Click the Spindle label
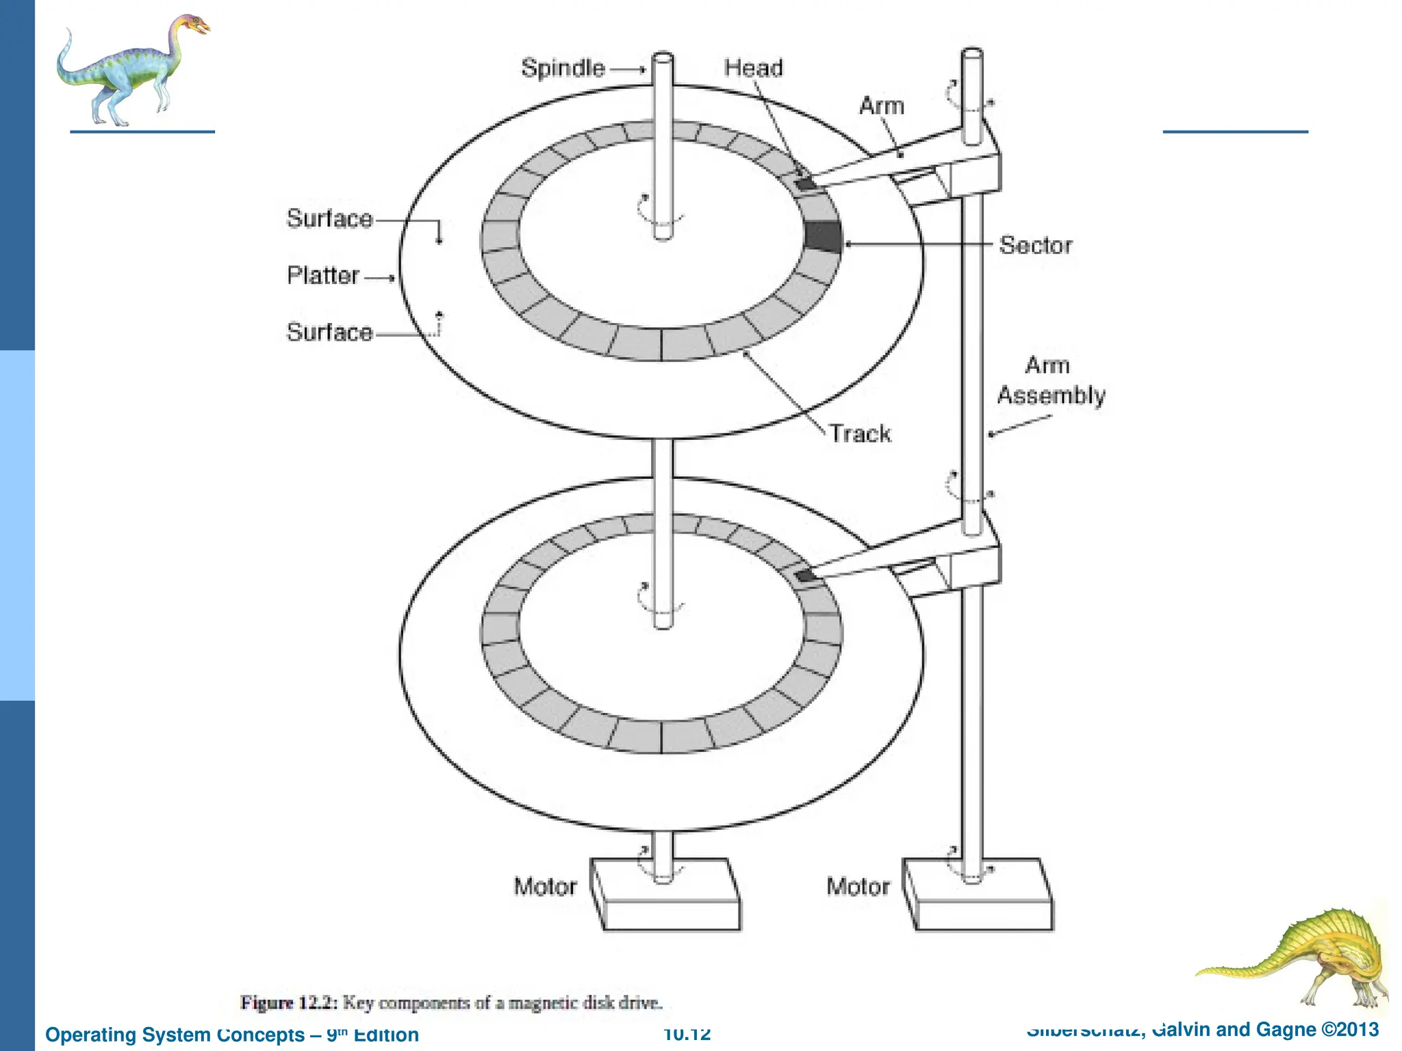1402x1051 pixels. (x=563, y=68)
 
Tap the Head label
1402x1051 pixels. (x=753, y=68)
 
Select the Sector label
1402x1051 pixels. (x=1035, y=245)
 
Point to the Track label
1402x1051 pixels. (x=861, y=433)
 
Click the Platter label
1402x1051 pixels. (x=323, y=275)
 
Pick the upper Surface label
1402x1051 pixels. (x=329, y=218)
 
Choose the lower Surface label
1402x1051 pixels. (x=329, y=332)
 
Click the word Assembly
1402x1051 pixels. (x=1051, y=395)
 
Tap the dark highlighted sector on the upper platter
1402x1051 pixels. (x=823, y=237)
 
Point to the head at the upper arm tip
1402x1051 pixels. (x=805, y=183)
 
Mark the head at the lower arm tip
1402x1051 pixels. (x=806, y=575)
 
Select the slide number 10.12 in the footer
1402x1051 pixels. (x=687, y=1034)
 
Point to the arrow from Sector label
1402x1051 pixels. (x=917, y=244)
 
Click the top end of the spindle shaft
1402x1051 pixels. (x=663, y=57)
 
